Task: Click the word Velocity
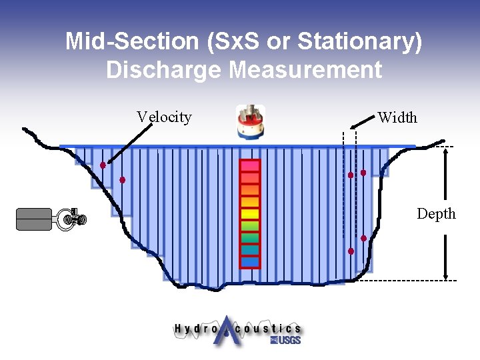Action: (x=164, y=117)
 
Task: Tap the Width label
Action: (x=397, y=118)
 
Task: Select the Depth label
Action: (x=436, y=214)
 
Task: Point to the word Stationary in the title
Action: (x=360, y=41)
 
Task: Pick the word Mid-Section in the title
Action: (x=132, y=41)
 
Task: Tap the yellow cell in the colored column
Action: (x=250, y=214)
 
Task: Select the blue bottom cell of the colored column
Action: (x=250, y=261)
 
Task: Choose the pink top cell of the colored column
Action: (x=250, y=165)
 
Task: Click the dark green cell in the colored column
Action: (x=250, y=237)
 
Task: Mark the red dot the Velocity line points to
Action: (x=103, y=165)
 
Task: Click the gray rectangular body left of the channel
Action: (x=33, y=219)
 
